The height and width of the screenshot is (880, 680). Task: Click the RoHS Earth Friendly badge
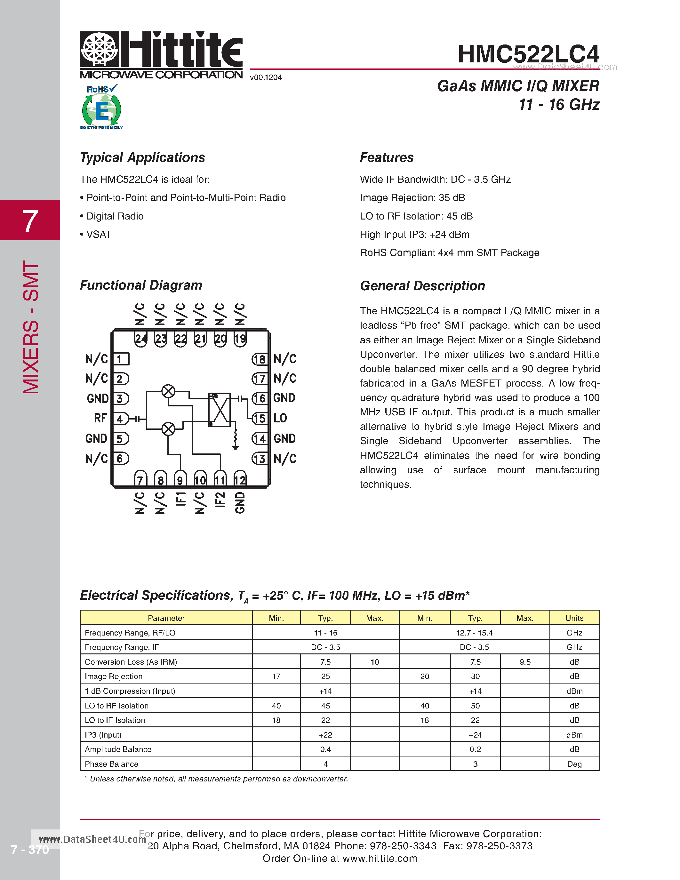pos(101,108)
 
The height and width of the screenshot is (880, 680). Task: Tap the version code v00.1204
pos(266,77)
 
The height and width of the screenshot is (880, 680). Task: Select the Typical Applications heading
pos(142,157)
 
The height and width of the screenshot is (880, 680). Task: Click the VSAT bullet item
pos(98,235)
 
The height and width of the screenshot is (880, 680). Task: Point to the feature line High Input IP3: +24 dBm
pos(414,235)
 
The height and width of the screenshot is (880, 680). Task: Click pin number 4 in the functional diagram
pos(120,419)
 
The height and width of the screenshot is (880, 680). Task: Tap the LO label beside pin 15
pos(280,418)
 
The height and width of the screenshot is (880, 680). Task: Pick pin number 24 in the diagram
pos(140,339)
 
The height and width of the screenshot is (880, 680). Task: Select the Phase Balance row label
pos(112,764)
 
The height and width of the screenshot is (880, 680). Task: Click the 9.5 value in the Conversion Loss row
pos(525,662)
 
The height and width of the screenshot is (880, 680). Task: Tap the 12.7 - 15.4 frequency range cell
pos(474,633)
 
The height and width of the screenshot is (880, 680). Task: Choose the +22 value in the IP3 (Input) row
pos(325,735)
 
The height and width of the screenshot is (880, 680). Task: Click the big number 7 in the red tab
pos(29,221)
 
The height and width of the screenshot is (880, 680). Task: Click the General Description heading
pos(422,286)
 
